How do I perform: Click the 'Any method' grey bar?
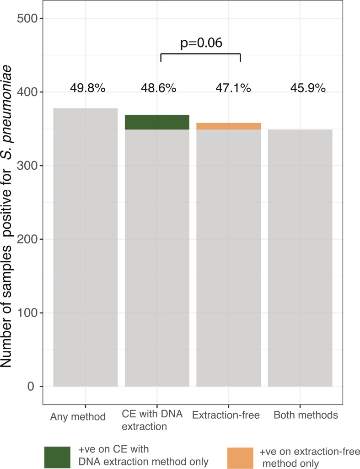85,248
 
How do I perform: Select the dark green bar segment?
157,122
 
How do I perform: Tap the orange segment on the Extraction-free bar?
228,126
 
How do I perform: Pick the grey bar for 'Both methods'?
300,258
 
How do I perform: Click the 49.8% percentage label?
88,88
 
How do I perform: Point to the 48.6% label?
158,88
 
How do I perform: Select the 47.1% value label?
233,88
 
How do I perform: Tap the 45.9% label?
308,88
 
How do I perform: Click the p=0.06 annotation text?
201,43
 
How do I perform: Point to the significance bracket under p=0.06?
201,54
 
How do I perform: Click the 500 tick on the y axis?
27,18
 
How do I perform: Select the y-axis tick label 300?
27,165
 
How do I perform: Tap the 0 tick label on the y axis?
31,387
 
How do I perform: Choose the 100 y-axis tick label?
27,313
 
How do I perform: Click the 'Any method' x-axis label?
78,417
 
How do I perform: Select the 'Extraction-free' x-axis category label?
226,415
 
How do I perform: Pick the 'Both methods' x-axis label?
306,415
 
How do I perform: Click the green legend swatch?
58,458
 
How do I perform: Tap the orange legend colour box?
240,458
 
